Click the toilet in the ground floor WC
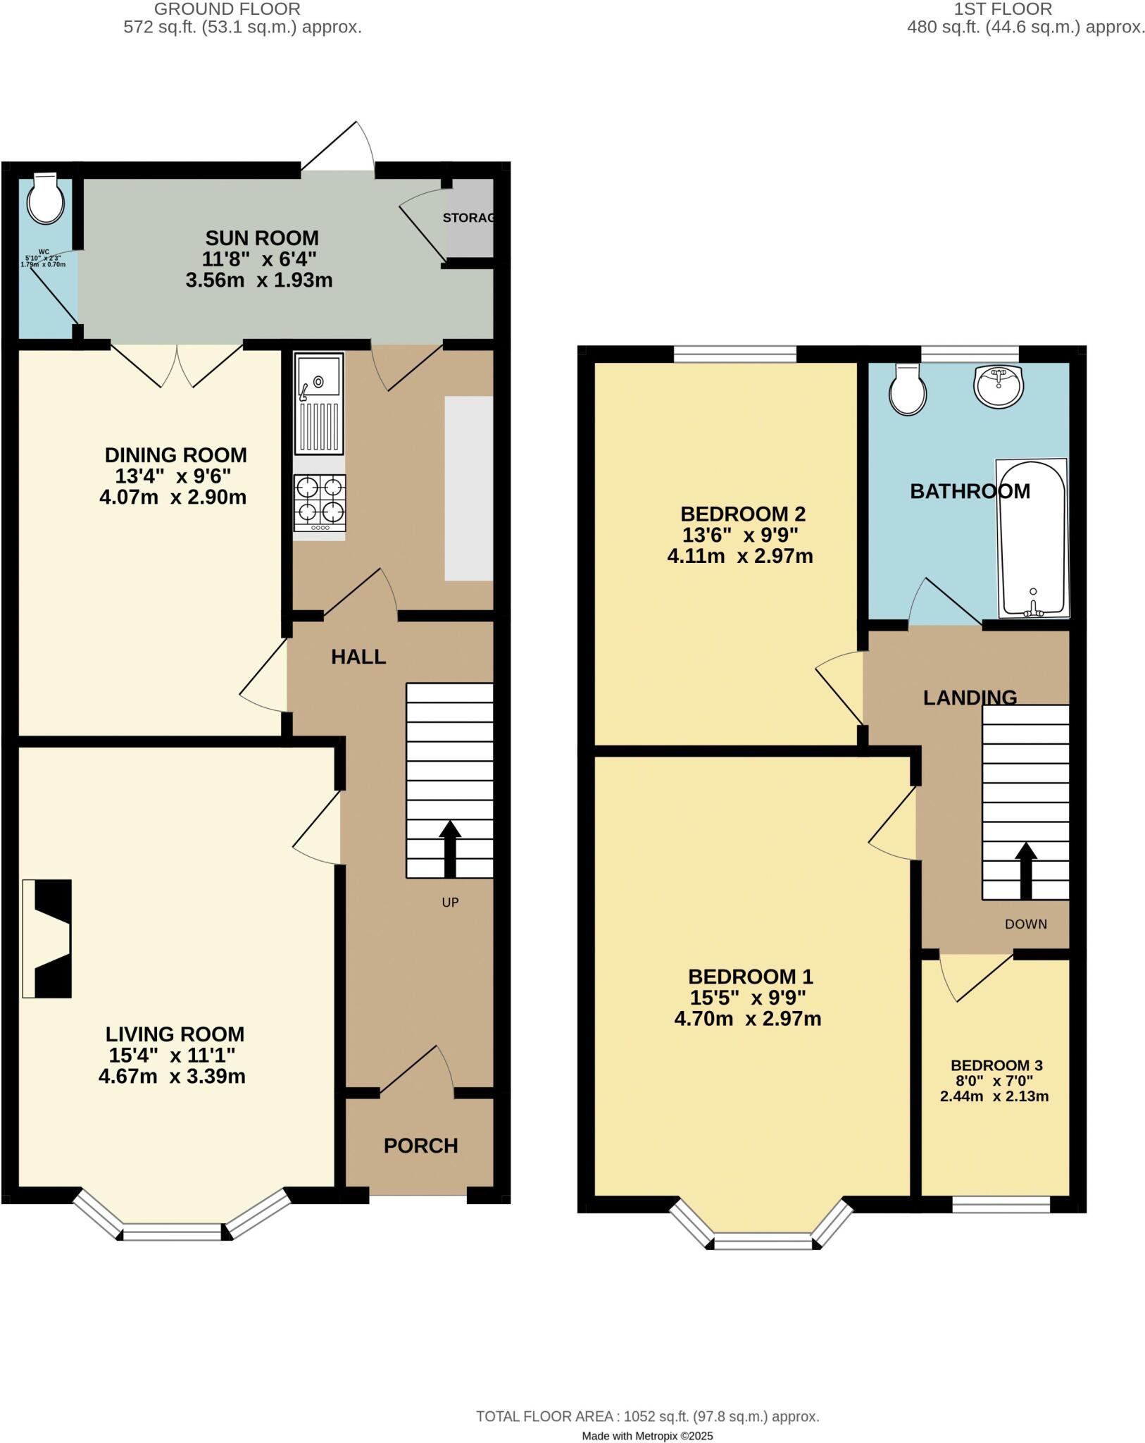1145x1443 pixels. click(x=45, y=199)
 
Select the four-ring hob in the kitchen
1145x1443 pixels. click(x=320, y=502)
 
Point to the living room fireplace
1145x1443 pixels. click(x=47, y=939)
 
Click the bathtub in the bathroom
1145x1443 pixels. click(x=1032, y=538)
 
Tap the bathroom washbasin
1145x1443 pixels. click(x=998, y=385)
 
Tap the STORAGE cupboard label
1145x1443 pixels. click(x=468, y=218)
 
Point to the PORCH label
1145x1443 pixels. click(x=420, y=1146)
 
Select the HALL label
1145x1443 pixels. click(x=358, y=657)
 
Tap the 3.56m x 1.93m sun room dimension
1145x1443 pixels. click(x=258, y=280)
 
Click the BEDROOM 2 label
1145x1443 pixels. click(x=742, y=513)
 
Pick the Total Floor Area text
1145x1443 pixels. click(x=647, y=1397)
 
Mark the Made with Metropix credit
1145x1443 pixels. click(x=647, y=1416)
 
